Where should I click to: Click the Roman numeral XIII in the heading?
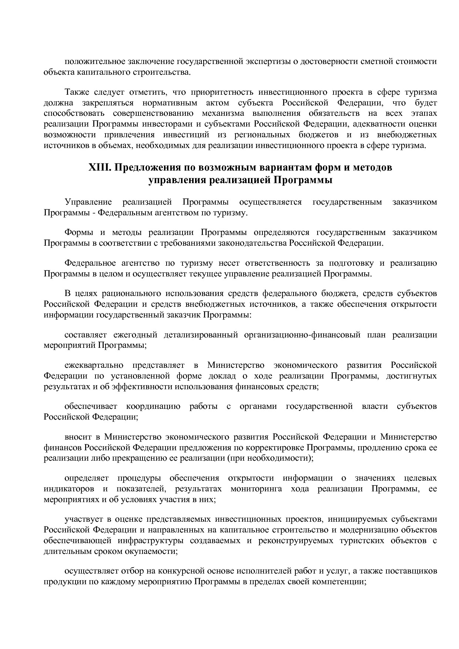(x=100, y=168)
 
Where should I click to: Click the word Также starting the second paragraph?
(x=76, y=92)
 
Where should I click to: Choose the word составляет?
(x=86, y=335)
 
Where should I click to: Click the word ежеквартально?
(x=94, y=365)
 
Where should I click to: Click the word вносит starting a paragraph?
(x=78, y=437)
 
